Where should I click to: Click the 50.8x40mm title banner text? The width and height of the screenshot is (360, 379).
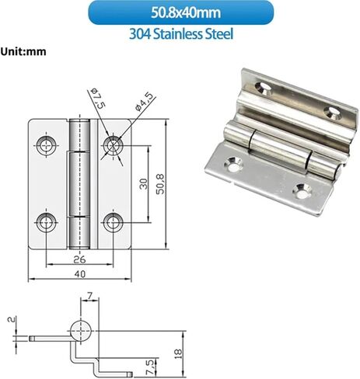186,12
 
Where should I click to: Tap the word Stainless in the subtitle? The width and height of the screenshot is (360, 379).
178,34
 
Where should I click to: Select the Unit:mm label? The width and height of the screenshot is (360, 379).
23,51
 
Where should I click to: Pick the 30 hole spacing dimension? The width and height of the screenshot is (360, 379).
144,183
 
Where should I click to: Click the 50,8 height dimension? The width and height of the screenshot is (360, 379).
161,184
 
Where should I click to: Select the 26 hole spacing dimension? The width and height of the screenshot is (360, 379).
79,259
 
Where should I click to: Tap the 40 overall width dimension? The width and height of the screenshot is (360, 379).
79,274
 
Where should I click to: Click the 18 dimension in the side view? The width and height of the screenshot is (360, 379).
178,353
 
